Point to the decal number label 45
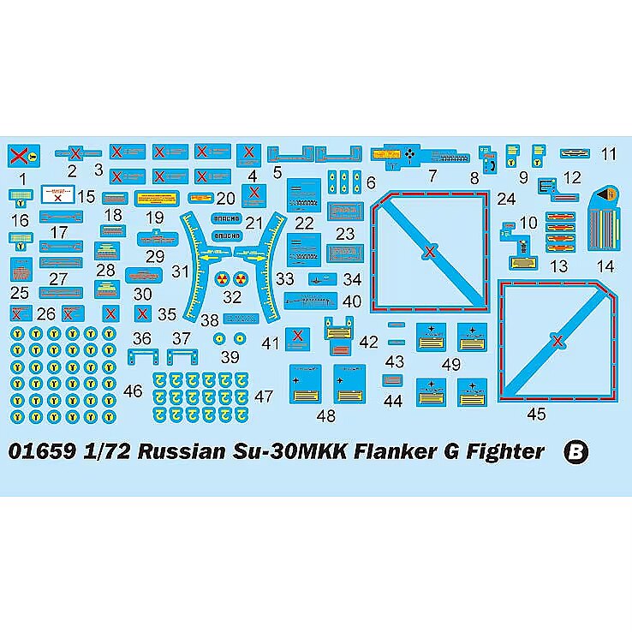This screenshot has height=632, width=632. pyautogui.click(x=536, y=415)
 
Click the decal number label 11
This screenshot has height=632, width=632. pyautogui.click(x=609, y=154)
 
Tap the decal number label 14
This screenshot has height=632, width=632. pyautogui.click(x=605, y=265)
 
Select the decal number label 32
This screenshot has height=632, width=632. pyautogui.click(x=232, y=298)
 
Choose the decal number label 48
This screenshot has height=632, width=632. pyautogui.click(x=326, y=416)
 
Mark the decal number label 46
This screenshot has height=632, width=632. pyautogui.click(x=133, y=391)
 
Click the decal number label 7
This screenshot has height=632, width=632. pyautogui.click(x=432, y=177)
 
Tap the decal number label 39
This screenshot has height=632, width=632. pyautogui.click(x=230, y=356)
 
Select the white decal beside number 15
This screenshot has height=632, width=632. pyautogui.click(x=57, y=195)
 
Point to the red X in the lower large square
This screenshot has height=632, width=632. pyautogui.click(x=558, y=342)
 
